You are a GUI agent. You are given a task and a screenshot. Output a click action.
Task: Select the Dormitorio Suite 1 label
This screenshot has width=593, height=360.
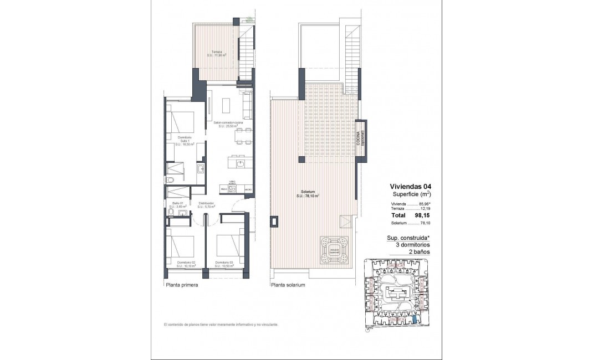pyautogui.click(x=185, y=141)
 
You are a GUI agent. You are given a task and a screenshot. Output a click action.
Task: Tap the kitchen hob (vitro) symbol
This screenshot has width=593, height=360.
pyautogui.click(x=233, y=189)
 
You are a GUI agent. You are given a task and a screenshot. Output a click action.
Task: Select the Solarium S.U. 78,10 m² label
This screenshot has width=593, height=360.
pyautogui.click(x=308, y=194)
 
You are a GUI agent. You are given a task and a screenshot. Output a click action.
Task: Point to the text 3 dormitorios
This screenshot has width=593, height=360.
pyautogui.click(x=408, y=244)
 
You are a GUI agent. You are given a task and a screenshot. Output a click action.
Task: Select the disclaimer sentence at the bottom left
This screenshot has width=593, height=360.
pyautogui.click(x=220, y=325)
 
